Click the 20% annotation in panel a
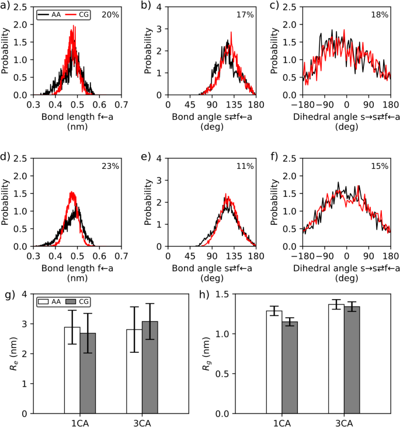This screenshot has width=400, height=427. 110,14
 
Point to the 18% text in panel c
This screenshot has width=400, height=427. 380,14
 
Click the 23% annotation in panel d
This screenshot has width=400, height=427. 110,166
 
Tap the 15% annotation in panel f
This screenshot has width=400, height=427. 380,166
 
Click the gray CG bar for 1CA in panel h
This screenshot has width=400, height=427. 290,367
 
